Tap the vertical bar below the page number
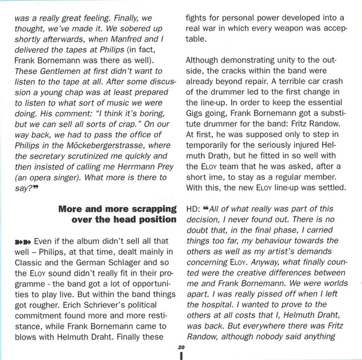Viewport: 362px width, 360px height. pyautogui.click(x=181, y=356)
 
